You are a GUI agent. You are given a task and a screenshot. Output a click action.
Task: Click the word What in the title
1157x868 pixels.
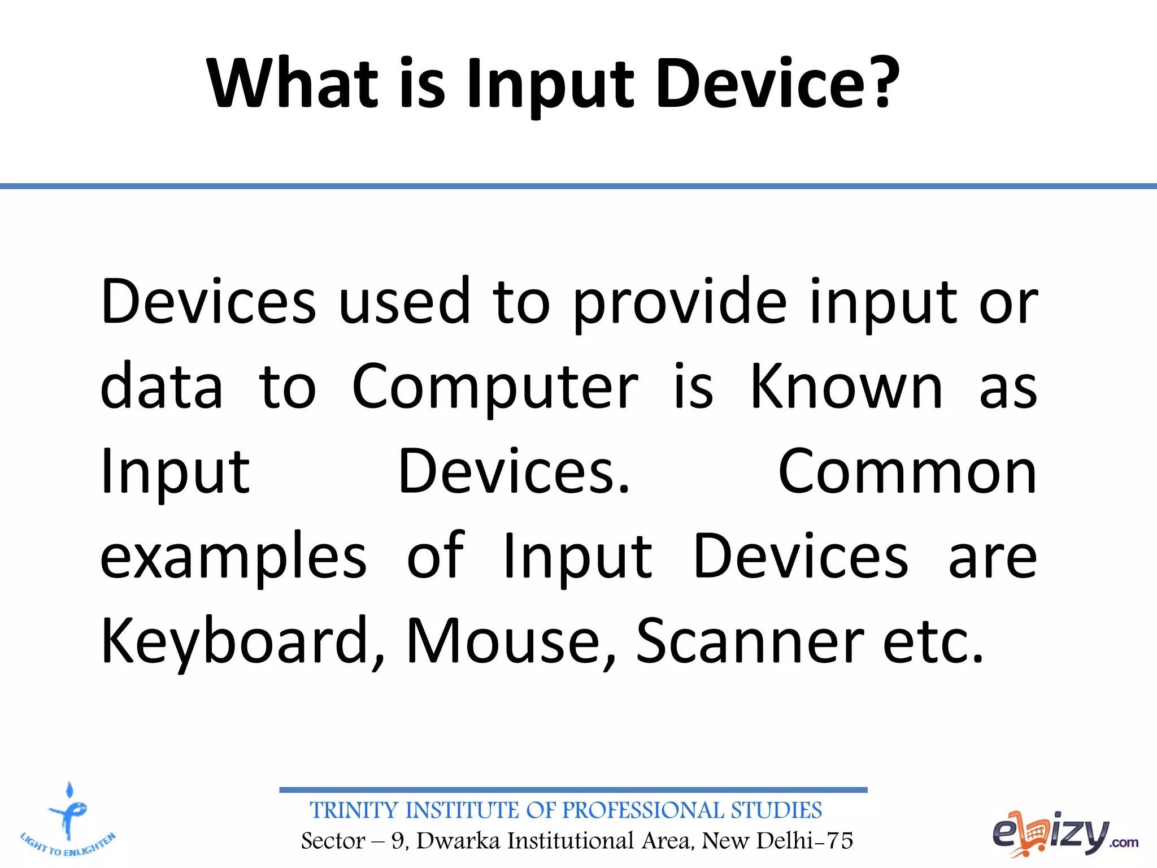coord(292,83)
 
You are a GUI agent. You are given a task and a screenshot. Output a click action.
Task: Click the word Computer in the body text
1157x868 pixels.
coord(494,388)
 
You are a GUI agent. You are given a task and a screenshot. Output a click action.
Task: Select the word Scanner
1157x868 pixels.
coord(749,641)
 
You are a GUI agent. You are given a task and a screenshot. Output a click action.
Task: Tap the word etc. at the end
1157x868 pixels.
coord(933,641)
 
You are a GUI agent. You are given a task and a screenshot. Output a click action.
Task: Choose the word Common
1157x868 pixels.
coord(907,472)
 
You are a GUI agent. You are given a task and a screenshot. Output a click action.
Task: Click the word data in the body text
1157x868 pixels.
coord(162,387)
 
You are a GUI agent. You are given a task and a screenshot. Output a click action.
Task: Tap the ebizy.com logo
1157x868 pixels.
coord(1064,834)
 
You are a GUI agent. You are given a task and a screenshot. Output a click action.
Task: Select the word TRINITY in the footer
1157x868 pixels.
coord(354,810)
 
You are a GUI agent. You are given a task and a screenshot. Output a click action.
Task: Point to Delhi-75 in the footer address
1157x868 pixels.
coord(804,841)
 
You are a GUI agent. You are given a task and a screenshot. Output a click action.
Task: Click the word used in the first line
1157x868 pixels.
coord(404,302)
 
